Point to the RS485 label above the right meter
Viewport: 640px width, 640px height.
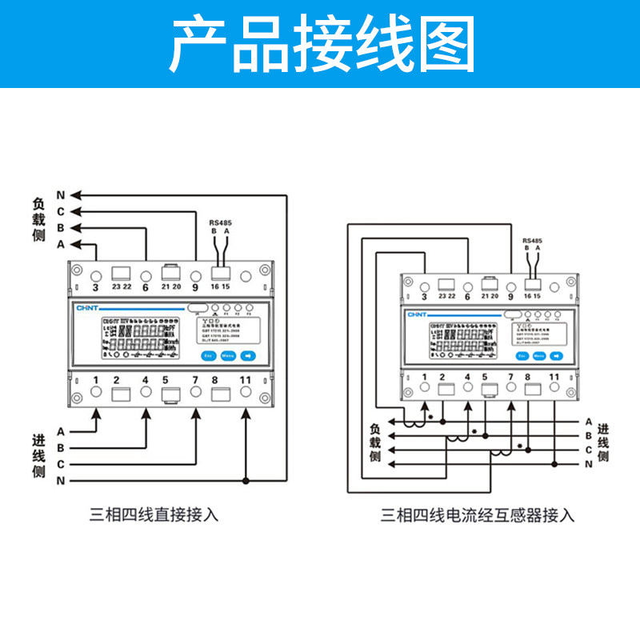pyautogui.click(x=531, y=239)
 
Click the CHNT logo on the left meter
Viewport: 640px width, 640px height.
pyautogui.click(x=86, y=307)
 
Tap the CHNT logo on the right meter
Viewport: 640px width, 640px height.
pyautogui.click(x=417, y=315)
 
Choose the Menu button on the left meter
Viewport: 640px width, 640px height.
pyautogui.click(x=227, y=354)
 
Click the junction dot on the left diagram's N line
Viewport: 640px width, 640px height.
pyautogui.click(x=246, y=480)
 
